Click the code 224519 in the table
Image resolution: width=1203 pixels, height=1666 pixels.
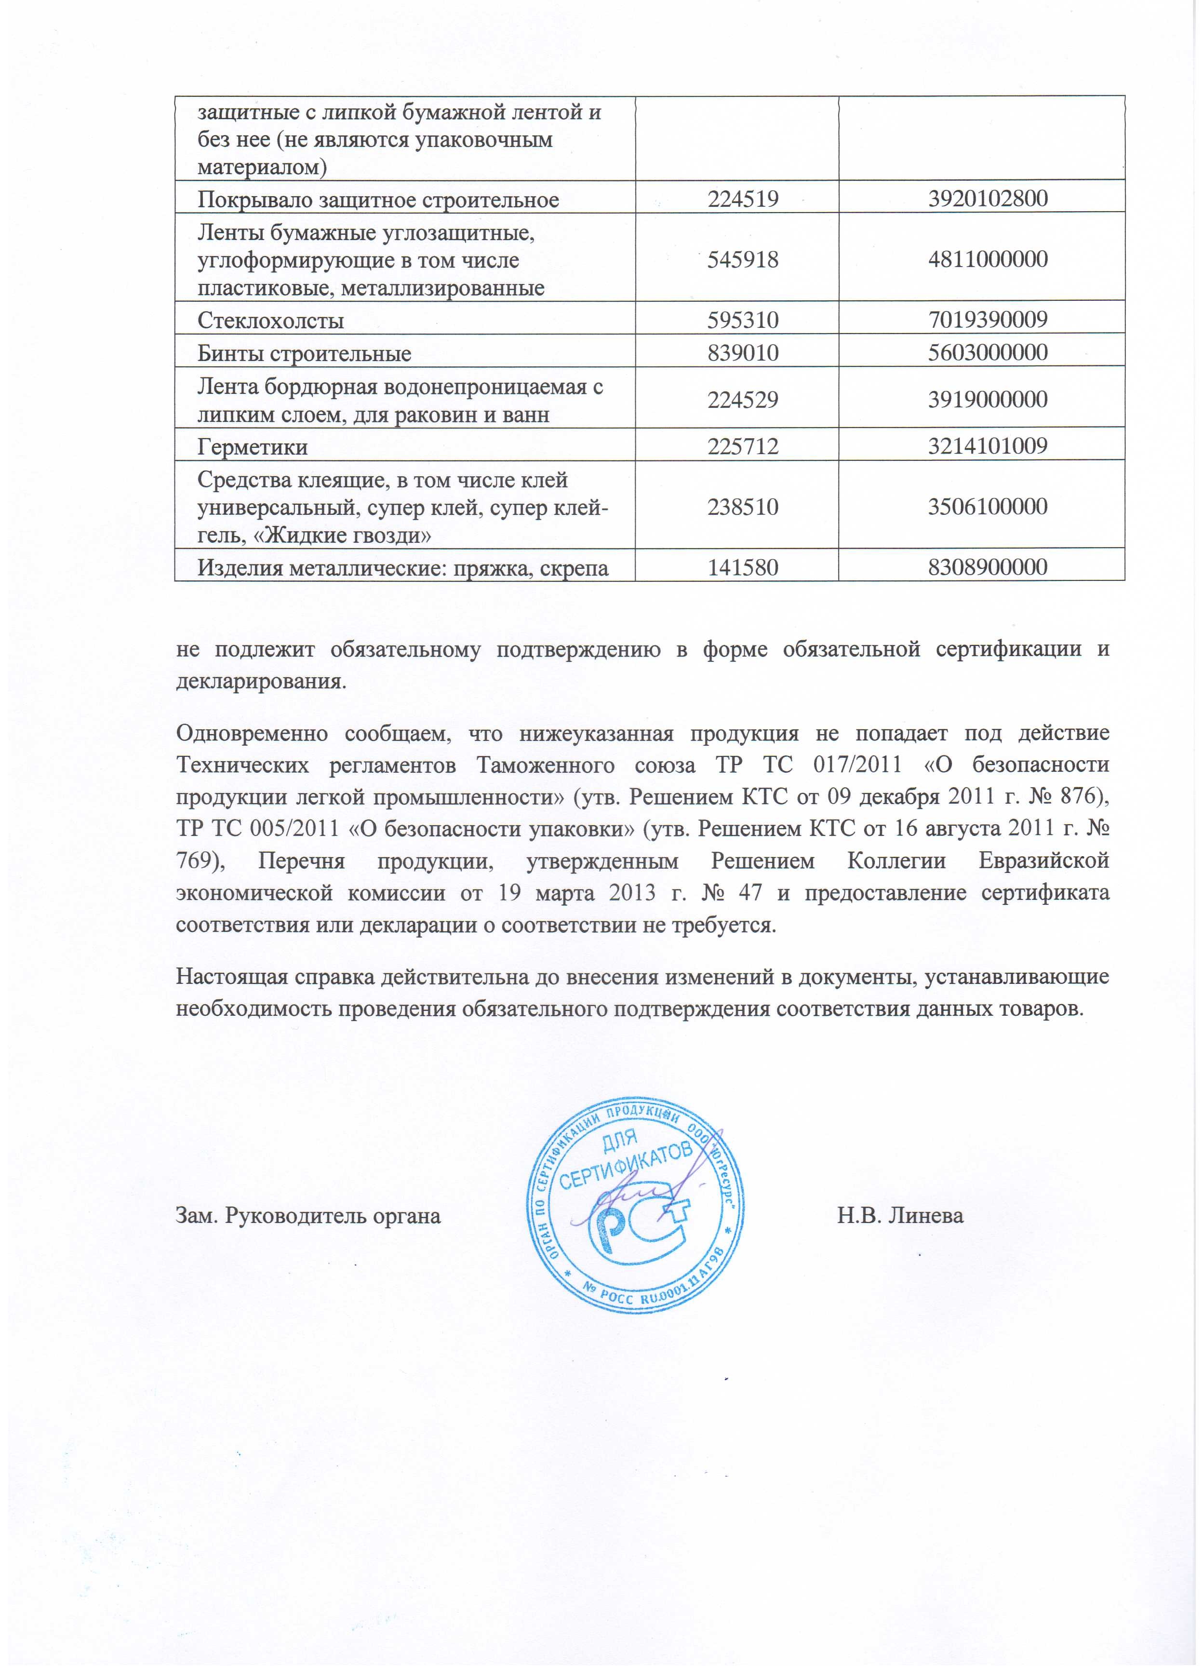tap(742, 199)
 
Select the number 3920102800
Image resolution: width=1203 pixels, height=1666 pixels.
tap(981, 199)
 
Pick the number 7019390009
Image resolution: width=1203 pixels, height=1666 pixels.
tap(981, 320)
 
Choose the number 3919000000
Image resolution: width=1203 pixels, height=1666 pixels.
tap(981, 400)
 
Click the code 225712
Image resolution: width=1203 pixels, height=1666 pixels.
tap(742, 446)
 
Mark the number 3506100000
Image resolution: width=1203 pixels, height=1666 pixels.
tap(981, 507)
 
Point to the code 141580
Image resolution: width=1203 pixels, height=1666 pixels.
tap(742, 567)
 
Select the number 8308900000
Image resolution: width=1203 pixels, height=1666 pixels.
tap(981, 567)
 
